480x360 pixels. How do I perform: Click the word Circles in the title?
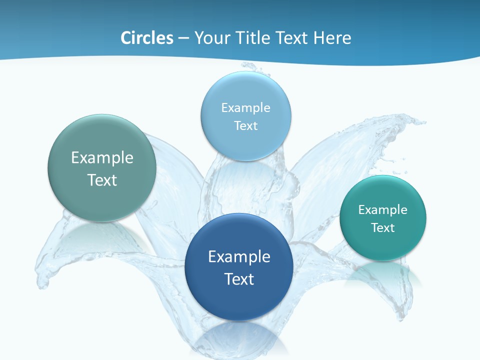pyautogui.click(x=147, y=38)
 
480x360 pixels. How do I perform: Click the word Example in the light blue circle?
pyautogui.click(x=245, y=108)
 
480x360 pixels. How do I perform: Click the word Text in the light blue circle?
pyautogui.click(x=245, y=125)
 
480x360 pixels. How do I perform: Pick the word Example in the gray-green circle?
pyautogui.click(x=102, y=158)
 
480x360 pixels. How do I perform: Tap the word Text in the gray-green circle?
pyautogui.click(x=102, y=180)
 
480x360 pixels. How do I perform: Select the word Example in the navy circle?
pyautogui.click(x=239, y=257)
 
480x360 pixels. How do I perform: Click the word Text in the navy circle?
pyautogui.click(x=239, y=279)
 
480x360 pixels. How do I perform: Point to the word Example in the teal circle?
pyautogui.click(x=383, y=210)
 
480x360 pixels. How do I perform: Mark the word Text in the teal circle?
pyautogui.click(x=383, y=228)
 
